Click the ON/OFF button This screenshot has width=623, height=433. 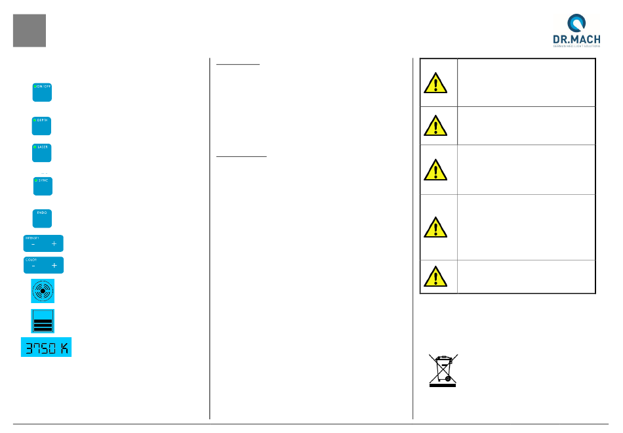[x=42, y=92]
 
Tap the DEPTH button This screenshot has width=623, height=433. [x=42, y=125]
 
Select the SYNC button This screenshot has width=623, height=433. [x=43, y=186]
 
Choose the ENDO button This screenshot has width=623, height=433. [x=42, y=218]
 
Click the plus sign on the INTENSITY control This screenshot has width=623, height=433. [x=54, y=244]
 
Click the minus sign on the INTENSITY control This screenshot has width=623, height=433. [x=33, y=244]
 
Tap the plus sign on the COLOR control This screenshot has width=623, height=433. [x=54, y=266]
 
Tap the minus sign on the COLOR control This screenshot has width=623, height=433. [x=33, y=266]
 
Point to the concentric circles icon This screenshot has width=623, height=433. [x=43, y=291]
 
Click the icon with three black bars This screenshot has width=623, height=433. [x=43, y=321]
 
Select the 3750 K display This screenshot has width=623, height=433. [x=46, y=347]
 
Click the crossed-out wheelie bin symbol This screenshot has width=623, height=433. [x=443, y=370]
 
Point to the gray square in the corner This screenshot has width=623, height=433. [x=30, y=31]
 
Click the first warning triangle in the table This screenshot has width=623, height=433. [x=435, y=83]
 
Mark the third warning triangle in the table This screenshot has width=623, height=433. [x=435, y=170]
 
